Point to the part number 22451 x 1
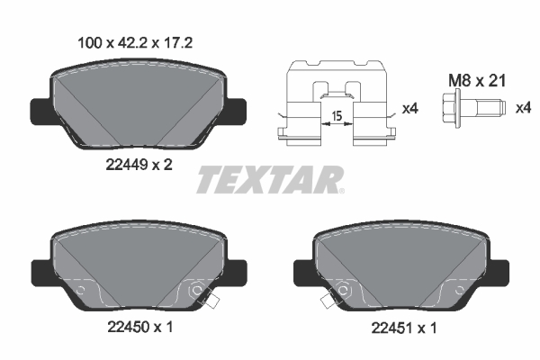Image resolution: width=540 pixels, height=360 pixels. pos(402,328)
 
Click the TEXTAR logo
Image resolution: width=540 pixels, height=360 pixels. pos(270,178)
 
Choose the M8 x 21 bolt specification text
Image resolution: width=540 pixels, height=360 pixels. pos(477,80)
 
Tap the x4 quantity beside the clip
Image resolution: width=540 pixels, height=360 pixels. pos(409,109)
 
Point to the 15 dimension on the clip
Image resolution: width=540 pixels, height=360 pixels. pos(335,116)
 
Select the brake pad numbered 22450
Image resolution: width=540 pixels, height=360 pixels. pos(138,265)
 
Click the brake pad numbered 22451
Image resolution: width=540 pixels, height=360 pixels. pos(402,265)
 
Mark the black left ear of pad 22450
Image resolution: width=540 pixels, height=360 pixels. pos(41,270)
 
